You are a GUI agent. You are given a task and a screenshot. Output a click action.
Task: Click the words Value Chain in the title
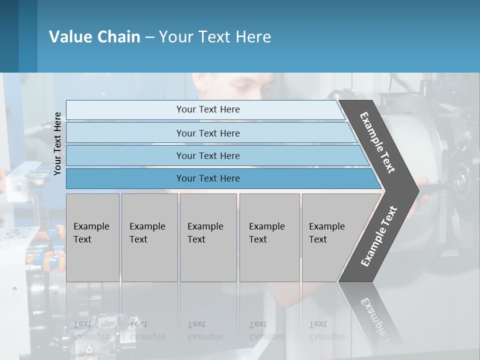[94, 36]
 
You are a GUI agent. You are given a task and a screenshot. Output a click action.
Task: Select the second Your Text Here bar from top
[208, 133]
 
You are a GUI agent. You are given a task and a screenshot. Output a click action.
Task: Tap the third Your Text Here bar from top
[208, 155]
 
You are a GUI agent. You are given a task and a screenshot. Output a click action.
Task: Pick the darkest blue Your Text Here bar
[208, 178]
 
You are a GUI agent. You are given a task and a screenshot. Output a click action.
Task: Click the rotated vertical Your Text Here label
[57, 143]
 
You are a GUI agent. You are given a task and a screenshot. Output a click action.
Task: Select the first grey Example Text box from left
[92, 237]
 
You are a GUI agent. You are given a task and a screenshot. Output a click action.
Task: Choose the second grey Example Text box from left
[149, 237]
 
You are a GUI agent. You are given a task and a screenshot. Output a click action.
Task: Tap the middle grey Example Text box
[208, 237]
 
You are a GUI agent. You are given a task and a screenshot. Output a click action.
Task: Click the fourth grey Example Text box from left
[269, 237]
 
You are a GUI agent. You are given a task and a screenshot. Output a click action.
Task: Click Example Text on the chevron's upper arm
[377, 142]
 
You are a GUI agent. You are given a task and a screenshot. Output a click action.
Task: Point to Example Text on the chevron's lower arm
[378, 236]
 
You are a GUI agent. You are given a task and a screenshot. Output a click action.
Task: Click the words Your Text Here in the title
[215, 36]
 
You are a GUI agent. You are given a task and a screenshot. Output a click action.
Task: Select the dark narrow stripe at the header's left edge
[9, 36]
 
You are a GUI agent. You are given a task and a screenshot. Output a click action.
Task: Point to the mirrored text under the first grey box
[91, 330]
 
